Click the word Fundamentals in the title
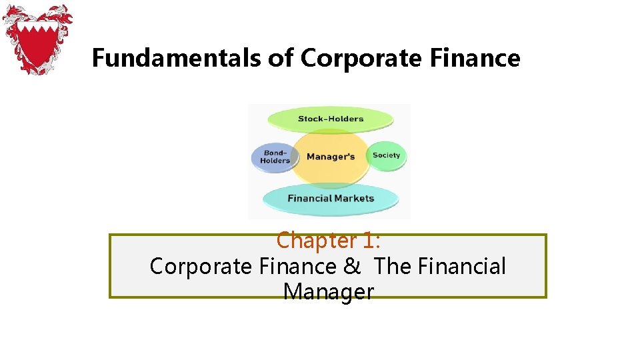[x=175, y=59]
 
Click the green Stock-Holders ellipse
[x=331, y=119]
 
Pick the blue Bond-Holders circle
[x=275, y=157]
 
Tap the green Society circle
[x=387, y=155]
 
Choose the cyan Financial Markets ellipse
[x=331, y=198]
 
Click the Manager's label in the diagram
[x=331, y=157]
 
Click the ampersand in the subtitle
[x=351, y=266]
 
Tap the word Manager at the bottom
[x=328, y=292]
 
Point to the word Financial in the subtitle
[x=461, y=266]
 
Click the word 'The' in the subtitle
[x=393, y=266]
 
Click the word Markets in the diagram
[x=352, y=198]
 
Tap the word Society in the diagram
[x=387, y=155]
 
